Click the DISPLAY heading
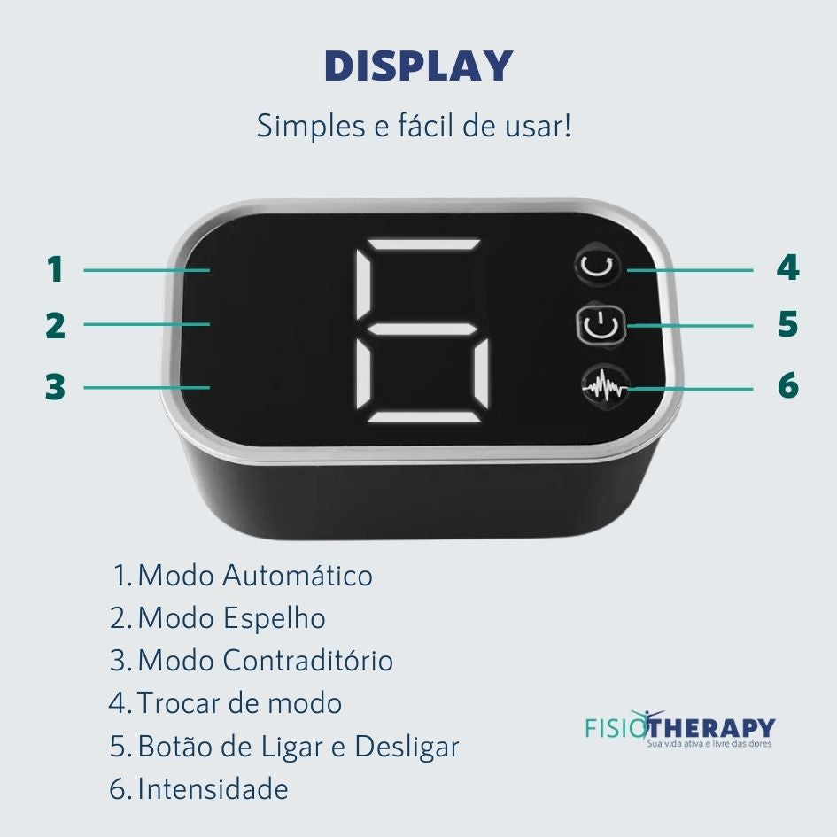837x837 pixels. (418, 66)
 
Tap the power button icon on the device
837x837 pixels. (600, 324)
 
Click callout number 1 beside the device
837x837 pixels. (56, 269)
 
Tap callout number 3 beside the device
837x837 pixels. (55, 387)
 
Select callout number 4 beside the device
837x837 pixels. (788, 267)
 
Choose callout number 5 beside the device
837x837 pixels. (788, 324)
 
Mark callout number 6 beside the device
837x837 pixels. (788, 385)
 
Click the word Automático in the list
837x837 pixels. (298, 576)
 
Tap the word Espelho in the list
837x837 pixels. (274, 619)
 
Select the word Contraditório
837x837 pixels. (308, 661)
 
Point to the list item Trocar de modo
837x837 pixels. (239, 703)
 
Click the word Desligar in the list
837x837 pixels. (407, 747)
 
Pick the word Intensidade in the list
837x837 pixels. (213, 789)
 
